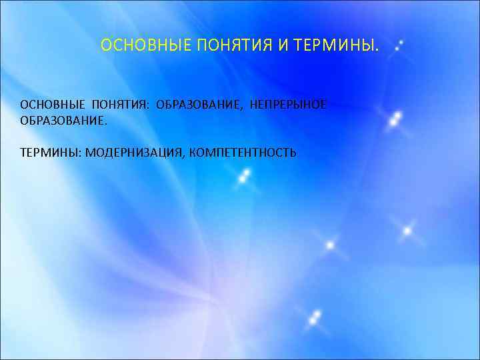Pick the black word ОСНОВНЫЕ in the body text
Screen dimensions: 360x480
(53, 106)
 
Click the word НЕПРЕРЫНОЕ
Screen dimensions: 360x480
(288, 106)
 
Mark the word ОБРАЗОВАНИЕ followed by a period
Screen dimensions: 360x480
(62, 122)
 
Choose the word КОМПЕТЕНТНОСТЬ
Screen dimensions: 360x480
(243, 153)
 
